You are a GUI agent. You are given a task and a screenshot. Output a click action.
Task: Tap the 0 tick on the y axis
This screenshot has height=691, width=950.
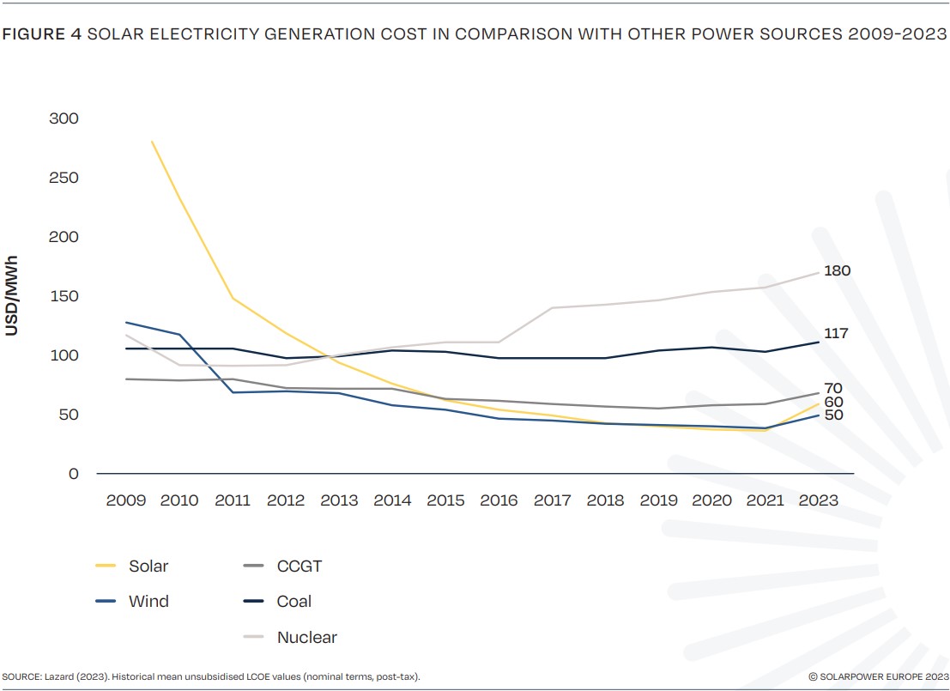73,474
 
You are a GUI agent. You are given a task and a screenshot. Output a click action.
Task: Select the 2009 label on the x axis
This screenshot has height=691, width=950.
126,500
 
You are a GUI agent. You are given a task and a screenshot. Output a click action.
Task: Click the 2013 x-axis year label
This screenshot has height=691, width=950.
339,500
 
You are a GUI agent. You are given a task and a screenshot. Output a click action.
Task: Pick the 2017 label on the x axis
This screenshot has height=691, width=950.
554,500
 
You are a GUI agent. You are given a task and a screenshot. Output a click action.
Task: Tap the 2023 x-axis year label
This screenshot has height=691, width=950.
820,500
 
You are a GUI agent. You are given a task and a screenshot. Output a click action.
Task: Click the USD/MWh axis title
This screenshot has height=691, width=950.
12,294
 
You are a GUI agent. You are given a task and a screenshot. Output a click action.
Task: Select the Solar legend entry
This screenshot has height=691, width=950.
148,566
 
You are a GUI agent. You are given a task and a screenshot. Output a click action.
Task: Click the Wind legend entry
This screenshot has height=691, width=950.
148,602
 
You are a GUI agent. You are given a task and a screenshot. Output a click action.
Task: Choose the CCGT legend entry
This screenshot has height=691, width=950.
299,566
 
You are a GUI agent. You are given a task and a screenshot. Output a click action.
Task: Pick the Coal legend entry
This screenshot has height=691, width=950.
293,602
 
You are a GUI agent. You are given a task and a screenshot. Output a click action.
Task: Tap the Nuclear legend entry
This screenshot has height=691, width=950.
306,638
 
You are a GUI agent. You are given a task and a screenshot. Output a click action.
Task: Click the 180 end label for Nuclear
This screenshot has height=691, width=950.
837,271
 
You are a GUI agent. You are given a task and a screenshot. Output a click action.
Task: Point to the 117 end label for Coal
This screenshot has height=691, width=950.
836,333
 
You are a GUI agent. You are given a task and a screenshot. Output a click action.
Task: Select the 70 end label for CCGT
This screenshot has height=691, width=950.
833,388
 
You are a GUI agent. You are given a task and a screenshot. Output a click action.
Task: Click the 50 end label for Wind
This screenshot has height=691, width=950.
833,415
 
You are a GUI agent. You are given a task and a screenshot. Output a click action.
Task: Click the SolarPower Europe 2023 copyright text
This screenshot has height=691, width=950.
878,677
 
